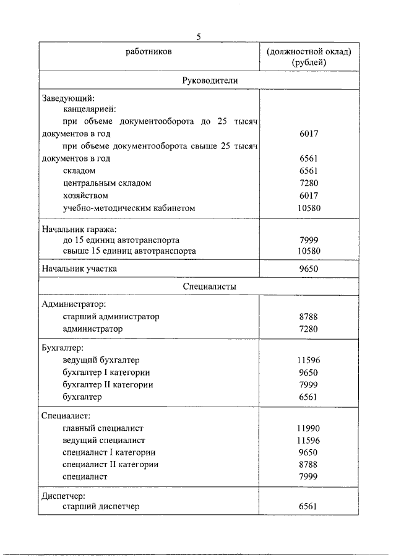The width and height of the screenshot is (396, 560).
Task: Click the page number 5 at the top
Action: point(199,37)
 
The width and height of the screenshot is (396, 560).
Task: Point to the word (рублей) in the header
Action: point(308,62)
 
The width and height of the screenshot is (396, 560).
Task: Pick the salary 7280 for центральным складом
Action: point(308,183)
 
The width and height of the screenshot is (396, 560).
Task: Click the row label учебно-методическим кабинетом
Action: point(129,209)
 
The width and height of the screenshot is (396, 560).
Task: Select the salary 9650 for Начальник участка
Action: point(308,269)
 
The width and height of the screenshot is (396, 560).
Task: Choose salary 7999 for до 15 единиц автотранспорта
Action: point(308,239)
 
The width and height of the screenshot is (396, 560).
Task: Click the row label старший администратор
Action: point(111,316)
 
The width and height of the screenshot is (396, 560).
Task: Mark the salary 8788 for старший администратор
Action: point(308,316)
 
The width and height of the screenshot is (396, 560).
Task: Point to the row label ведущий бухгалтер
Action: point(101,360)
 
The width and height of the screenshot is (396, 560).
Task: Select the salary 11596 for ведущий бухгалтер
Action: point(308,360)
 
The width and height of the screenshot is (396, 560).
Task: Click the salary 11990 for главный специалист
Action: point(308,428)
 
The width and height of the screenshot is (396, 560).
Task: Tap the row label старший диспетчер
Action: point(101,506)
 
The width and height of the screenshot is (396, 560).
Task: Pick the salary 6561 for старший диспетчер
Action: point(308,506)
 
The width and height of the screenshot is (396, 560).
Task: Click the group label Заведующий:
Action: point(67,98)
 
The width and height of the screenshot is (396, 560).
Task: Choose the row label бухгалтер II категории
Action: point(108,384)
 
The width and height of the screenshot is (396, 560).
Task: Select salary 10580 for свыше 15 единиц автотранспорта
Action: point(308,251)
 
